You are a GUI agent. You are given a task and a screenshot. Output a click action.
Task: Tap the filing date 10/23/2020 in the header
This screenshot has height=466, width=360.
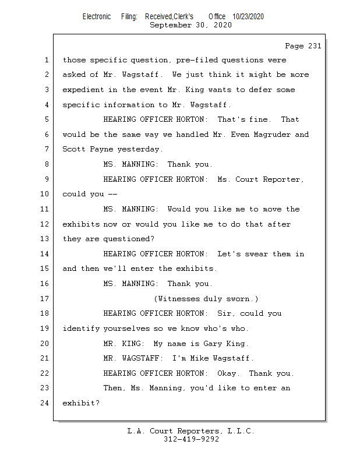(x=248, y=17)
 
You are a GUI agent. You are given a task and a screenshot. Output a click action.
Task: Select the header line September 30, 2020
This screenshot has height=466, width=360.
(x=190, y=25)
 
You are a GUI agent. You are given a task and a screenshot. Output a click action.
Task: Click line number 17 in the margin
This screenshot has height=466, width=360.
(x=45, y=299)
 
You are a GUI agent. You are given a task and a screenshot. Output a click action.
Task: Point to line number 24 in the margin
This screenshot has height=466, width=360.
(x=45, y=403)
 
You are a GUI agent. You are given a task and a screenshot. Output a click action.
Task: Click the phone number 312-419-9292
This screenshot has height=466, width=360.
(x=191, y=440)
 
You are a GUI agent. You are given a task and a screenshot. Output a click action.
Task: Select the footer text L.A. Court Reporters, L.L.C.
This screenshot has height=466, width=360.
(x=190, y=432)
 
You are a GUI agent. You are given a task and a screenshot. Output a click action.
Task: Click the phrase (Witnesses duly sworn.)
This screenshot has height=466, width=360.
(x=206, y=299)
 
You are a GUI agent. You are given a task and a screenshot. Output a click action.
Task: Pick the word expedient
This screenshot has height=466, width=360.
(x=83, y=90)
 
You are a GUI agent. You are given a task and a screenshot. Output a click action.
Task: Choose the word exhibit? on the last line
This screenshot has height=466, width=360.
(x=81, y=403)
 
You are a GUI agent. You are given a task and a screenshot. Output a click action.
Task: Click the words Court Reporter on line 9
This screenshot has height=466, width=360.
(x=268, y=179)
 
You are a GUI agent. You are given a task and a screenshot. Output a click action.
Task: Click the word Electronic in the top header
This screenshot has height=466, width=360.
(x=96, y=17)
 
